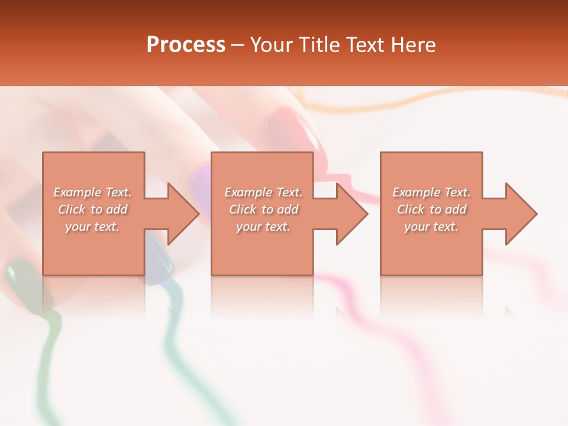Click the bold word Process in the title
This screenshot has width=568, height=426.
[x=186, y=45]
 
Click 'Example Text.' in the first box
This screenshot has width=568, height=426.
[x=93, y=192]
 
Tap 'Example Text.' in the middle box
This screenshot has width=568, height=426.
[x=263, y=192]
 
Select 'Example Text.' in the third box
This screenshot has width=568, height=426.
[x=431, y=192]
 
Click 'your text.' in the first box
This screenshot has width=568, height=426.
[x=92, y=227]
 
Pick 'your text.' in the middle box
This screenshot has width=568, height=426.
[x=263, y=227]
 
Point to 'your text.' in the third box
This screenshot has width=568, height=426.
[x=431, y=227]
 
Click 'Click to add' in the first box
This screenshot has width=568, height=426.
[x=93, y=209]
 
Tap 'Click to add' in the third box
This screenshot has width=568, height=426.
[x=431, y=209]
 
